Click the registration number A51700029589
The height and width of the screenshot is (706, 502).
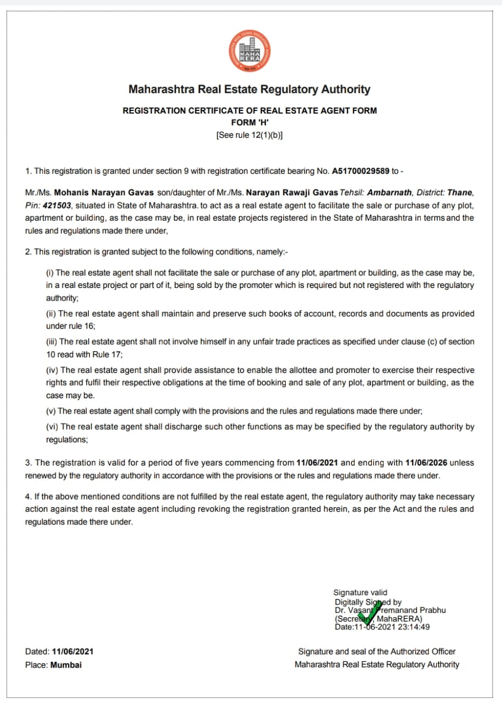coord(360,172)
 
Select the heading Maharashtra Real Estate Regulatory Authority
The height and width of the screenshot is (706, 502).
coord(249,89)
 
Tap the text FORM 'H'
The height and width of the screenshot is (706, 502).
coord(249,122)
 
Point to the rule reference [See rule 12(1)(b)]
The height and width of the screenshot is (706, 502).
coord(249,135)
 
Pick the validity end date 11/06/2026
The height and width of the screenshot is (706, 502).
coord(426,463)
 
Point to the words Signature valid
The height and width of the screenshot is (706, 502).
coord(360,593)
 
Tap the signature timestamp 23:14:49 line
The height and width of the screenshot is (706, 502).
coord(382,627)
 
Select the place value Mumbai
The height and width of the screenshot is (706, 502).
coord(66,665)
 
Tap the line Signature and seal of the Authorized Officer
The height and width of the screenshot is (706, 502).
coord(377,652)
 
